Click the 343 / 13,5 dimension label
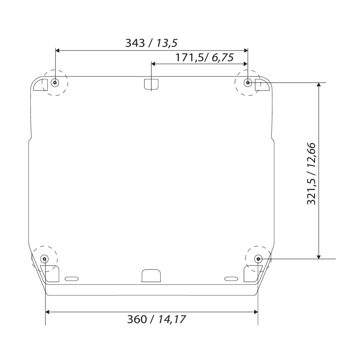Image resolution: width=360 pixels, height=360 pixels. point(151,43)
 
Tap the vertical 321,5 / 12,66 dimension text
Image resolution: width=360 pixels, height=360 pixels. point(311,173)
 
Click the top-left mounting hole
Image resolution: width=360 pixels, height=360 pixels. point(55,83)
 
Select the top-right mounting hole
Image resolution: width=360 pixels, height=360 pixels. point(247,83)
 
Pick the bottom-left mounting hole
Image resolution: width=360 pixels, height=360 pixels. point(45,258)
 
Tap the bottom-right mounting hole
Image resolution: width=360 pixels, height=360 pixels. point(258,258)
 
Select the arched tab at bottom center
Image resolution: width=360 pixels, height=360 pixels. point(151,275)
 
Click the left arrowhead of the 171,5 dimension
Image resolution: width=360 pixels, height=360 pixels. point(154,64)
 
